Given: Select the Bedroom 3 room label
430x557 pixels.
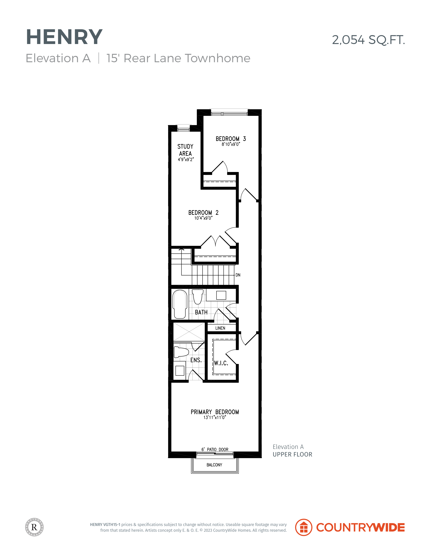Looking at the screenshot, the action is [x=231, y=139].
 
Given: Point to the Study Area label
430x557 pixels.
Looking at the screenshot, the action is [x=185, y=150].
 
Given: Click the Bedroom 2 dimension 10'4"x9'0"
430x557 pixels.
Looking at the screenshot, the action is [x=203, y=218].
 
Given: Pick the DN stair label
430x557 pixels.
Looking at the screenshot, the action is [x=238, y=275].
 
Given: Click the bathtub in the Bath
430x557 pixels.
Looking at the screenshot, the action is [x=180, y=304].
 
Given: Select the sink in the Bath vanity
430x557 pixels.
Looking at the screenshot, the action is [x=221, y=295].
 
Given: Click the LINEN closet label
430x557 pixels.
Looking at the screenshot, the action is [x=220, y=328].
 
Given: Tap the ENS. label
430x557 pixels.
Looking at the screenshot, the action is [x=196, y=360].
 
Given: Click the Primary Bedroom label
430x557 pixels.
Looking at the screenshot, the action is [x=215, y=412].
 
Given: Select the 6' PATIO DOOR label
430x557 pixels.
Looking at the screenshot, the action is [x=215, y=449].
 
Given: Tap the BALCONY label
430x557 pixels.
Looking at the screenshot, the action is [x=214, y=465].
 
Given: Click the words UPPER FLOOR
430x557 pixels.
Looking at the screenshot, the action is [x=292, y=454].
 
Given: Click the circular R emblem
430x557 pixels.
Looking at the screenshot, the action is [x=34, y=527].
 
